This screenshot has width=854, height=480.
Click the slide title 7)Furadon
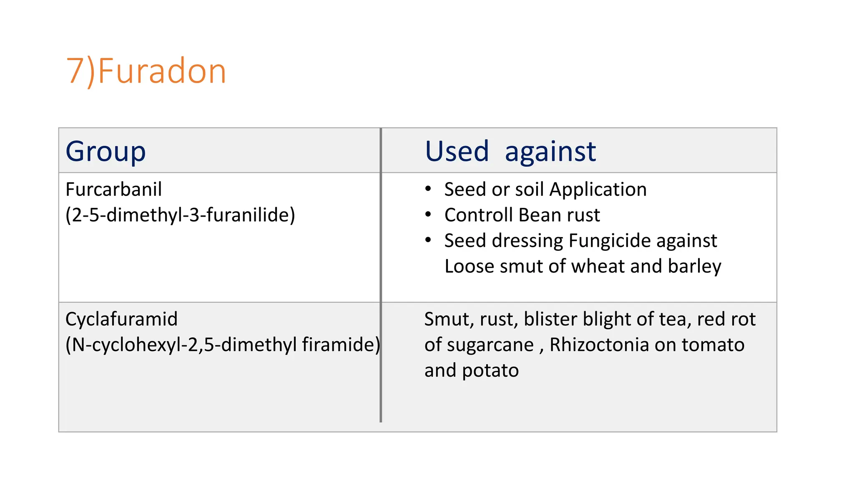pyautogui.click(x=146, y=71)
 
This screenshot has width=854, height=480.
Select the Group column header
pyautogui.click(x=105, y=151)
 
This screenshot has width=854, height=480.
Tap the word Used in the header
pyautogui.click(x=457, y=151)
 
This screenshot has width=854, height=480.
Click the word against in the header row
pyautogui.click(x=550, y=152)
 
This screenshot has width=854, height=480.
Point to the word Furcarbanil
pyautogui.click(x=113, y=190)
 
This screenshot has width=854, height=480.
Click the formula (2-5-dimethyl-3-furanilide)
pyautogui.click(x=180, y=215)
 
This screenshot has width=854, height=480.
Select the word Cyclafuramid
pyautogui.click(x=121, y=319)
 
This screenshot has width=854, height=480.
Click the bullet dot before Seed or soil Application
pyautogui.click(x=428, y=189)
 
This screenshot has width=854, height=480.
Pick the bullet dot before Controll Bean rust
pyautogui.click(x=428, y=215)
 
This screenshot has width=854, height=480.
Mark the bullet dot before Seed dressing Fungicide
pyautogui.click(x=428, y=240)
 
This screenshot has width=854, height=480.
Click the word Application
pyautogui.click(x=598, y=190)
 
